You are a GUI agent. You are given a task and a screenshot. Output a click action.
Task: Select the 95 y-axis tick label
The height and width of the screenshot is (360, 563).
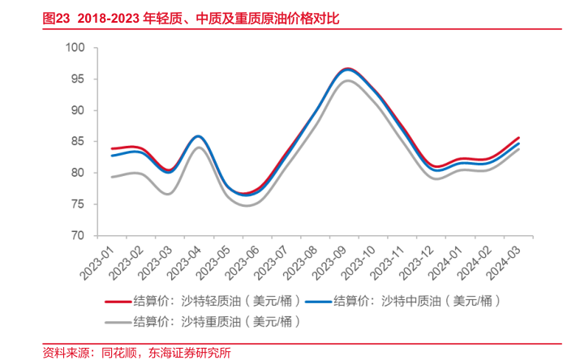click(78, 79)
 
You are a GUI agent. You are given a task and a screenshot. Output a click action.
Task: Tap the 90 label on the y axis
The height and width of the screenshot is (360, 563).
click(78, 110)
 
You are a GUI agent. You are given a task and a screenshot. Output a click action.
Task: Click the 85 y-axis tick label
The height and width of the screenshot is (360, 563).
click(78, 142)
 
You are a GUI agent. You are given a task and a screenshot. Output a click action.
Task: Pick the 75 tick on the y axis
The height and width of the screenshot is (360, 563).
click(78, 204)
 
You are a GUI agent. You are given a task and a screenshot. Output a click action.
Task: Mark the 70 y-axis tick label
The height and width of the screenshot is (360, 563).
click(78, 236)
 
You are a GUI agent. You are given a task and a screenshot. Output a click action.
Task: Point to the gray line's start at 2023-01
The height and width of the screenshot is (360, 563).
click(112, 177)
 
